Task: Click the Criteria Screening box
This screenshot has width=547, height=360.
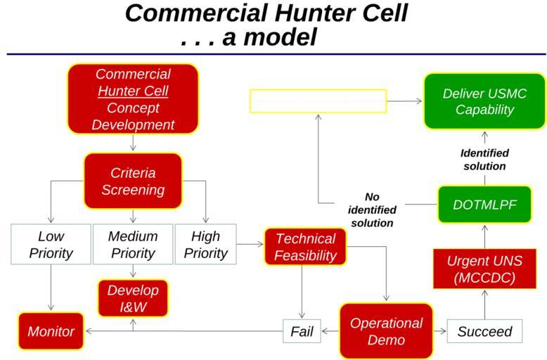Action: tap(133, 181)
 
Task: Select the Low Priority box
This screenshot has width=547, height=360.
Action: tap(51, 244)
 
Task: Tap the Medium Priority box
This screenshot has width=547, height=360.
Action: tap(133, 244)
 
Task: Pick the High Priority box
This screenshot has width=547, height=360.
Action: tap(205, 244)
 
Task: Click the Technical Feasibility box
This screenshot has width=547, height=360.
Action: tap(306, 247)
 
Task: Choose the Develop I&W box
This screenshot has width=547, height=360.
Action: tap(133, 298)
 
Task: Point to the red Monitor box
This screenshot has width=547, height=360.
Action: tap(51, 331)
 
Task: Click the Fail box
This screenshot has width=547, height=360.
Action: tap(302, 331)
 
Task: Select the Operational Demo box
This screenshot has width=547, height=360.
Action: tap(386, 331)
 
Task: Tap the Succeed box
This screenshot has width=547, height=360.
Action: tap(484, 331)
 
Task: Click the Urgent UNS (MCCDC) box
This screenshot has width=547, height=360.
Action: tap(484, 269)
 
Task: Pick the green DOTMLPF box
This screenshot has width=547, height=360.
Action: tap(484, 205)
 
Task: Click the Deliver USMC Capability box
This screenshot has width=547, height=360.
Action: tap(484, 101)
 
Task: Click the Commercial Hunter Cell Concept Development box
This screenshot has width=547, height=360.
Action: tap(133, 99)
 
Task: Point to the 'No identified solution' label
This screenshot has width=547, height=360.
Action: tap(372, 210)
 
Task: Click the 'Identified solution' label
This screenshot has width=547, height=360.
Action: tap(484, 160)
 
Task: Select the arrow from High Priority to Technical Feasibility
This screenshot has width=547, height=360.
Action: tap(250, 244)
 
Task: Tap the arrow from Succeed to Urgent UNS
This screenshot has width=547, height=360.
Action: tap(485, 304)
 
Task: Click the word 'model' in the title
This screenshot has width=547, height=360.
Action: tap(280, 37)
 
